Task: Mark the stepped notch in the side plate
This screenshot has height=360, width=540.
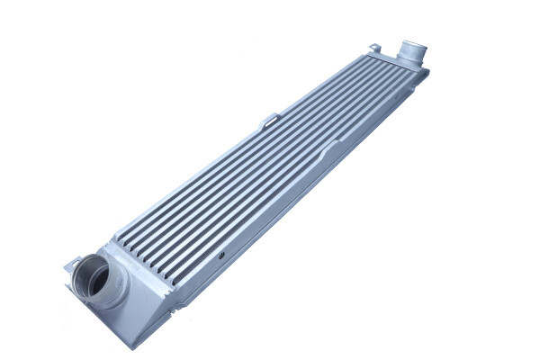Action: (x=336, y=144)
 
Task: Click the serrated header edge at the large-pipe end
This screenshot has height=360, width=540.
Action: (x=135, y=243)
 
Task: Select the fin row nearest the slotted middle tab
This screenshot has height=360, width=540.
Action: (x=270, y=135)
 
